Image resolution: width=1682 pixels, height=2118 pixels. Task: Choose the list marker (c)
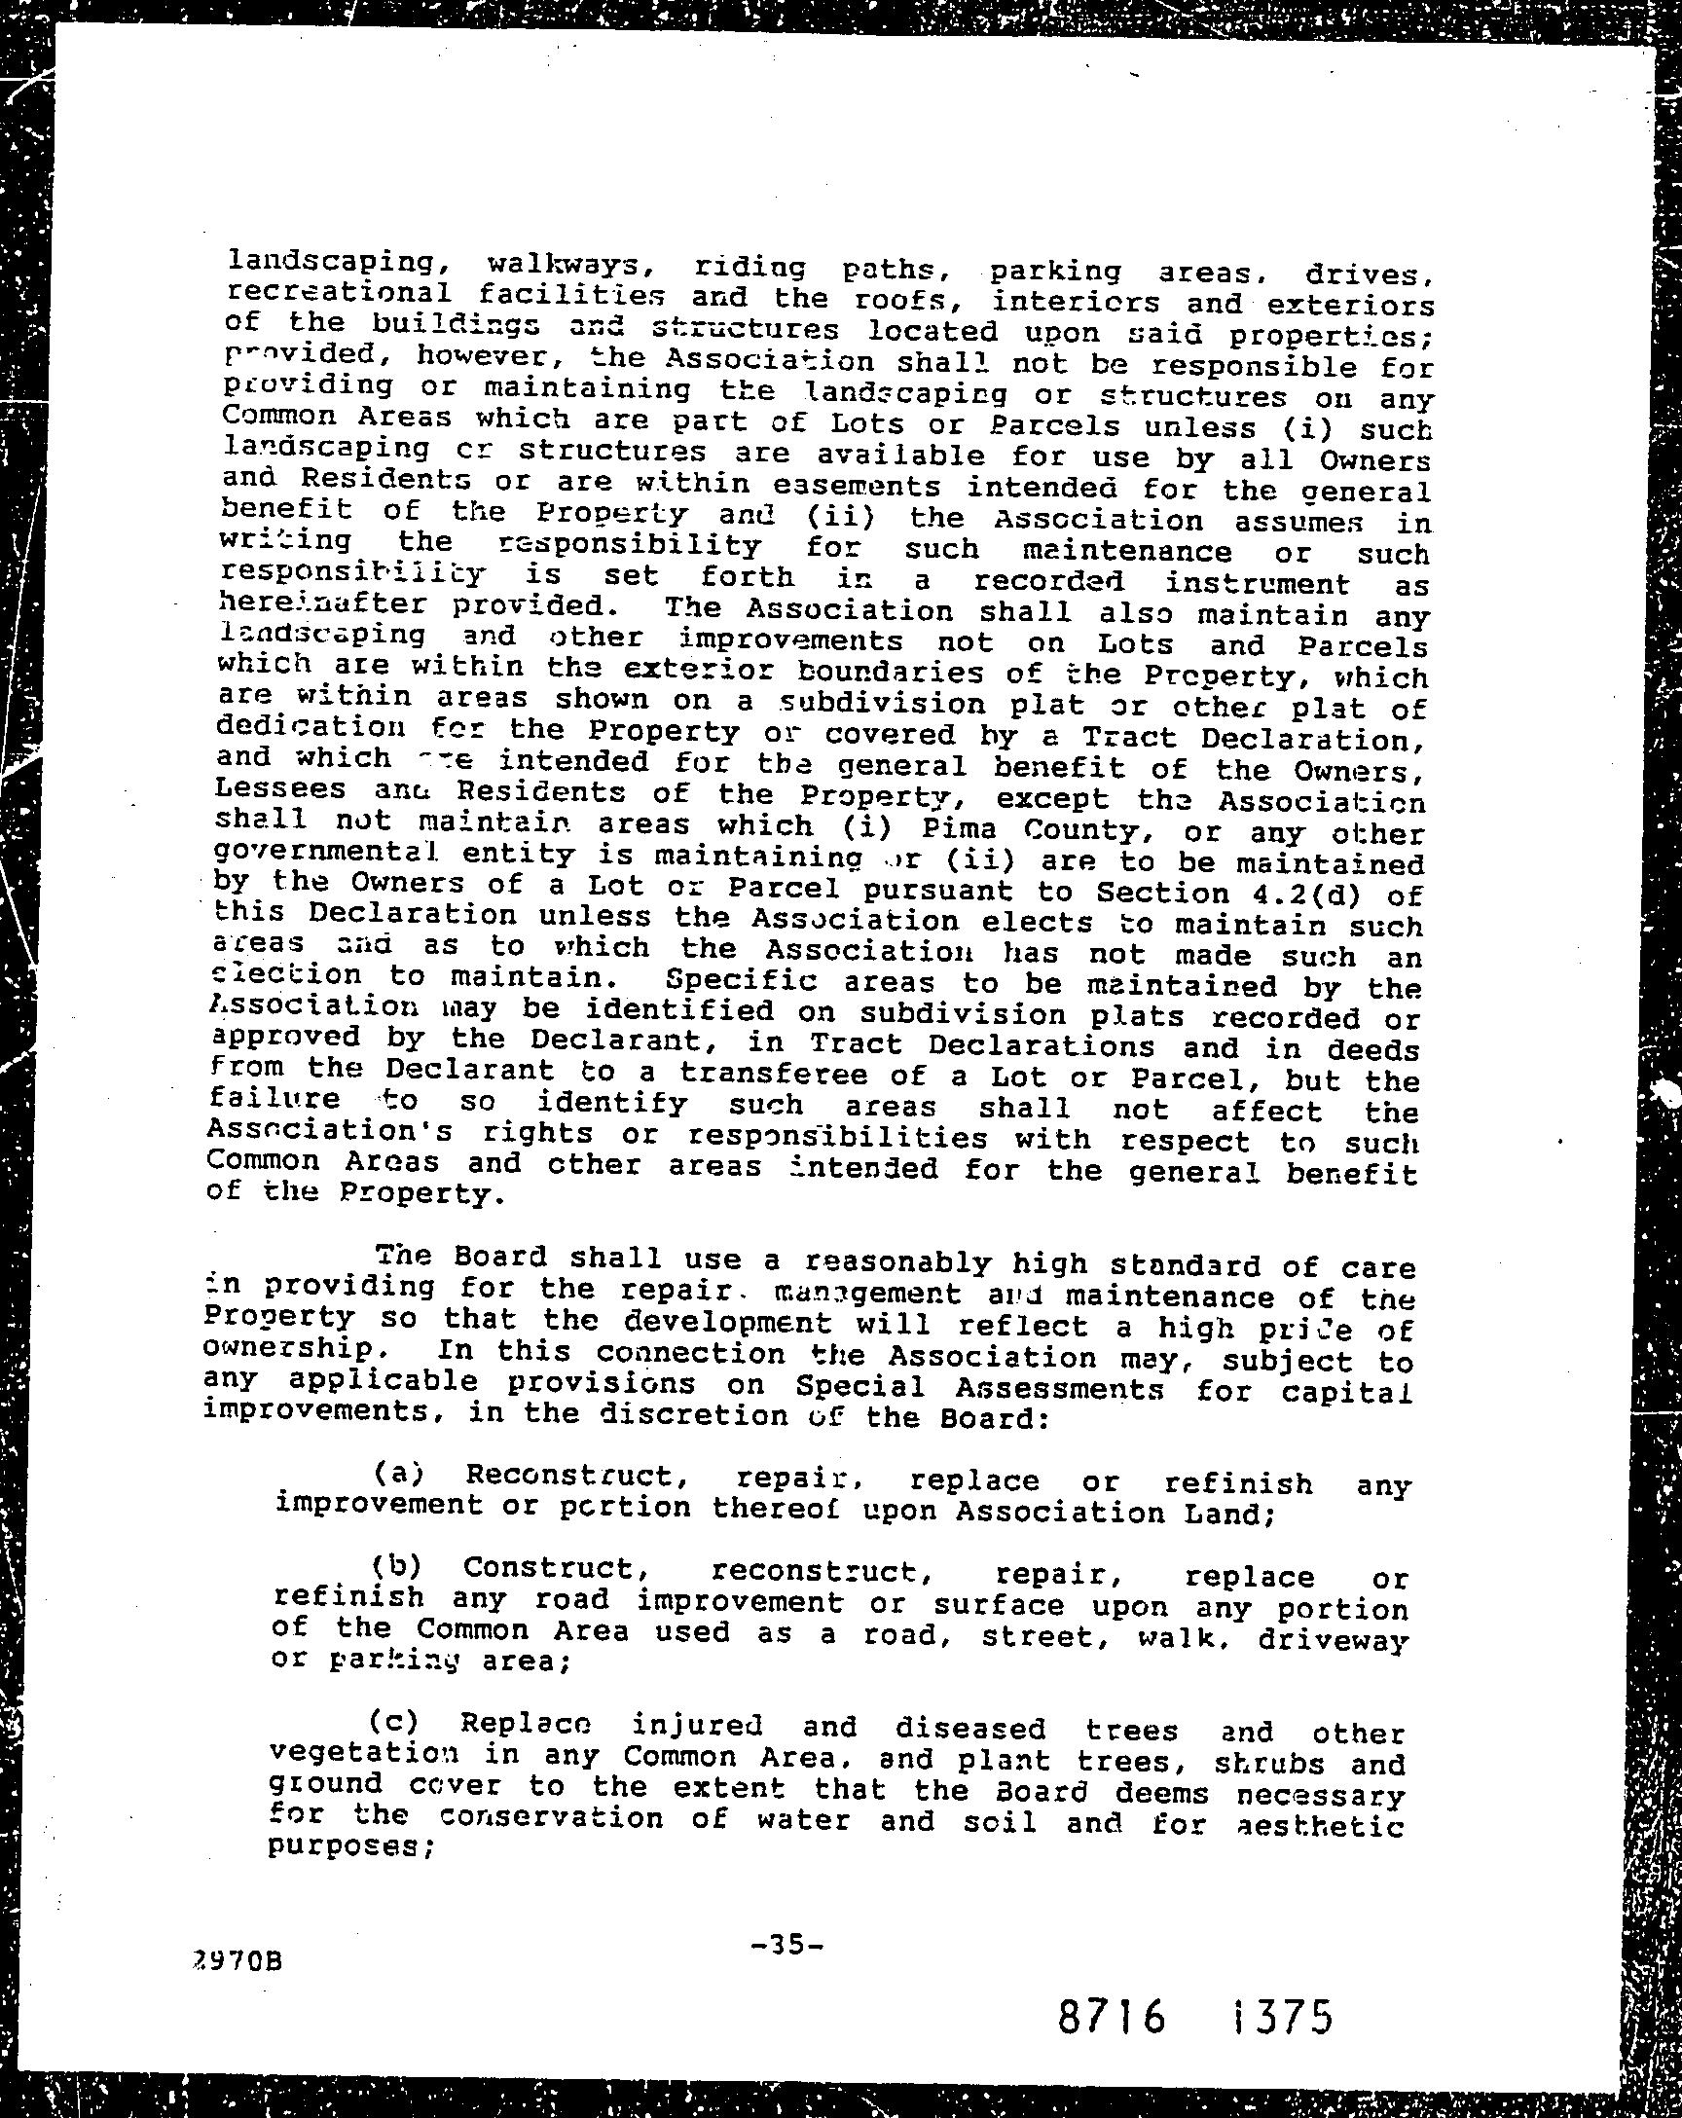point(395,1722)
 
